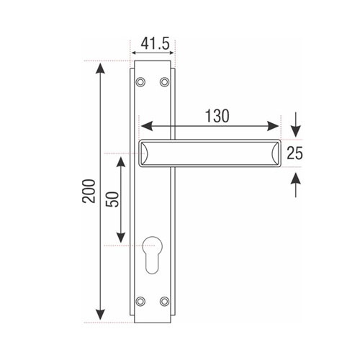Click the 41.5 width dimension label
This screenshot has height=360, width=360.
coord(155,44)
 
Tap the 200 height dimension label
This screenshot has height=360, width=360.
coord(89,192)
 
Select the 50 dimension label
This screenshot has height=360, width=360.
coord(112,199)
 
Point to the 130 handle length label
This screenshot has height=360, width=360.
coord(217,116)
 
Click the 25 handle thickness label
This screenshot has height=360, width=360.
coord(295,153)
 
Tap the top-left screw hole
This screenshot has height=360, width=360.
coord(140,82)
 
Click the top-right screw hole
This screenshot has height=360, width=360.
coord(164,82)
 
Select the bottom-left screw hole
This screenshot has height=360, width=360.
coord(140,301)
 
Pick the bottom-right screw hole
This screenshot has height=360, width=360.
coord(164,301)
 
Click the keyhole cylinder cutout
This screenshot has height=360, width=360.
coord(153,254)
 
